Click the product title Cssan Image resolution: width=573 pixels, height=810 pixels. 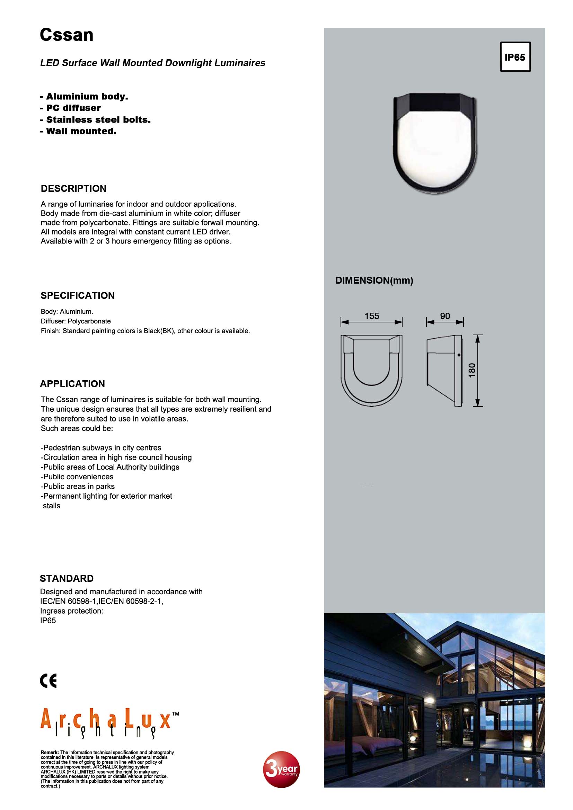pos(66,35)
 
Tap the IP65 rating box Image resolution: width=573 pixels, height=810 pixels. pos(515,57)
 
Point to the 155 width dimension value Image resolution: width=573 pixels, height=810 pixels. pos(371,316)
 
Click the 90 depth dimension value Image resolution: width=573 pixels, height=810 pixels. pos(444,316)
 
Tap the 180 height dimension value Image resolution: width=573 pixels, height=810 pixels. pos(472,370)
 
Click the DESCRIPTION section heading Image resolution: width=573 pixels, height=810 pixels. pos(73,188)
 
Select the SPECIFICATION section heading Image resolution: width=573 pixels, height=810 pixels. pos(78,295)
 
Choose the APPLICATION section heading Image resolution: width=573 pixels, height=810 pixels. pos(72,383)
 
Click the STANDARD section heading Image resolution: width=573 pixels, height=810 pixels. pos(67,578)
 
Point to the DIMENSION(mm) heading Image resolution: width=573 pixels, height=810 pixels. pos(374,280)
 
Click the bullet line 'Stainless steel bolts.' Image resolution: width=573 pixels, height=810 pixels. pos(96,119)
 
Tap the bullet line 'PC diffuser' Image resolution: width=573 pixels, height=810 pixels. pos(71,108)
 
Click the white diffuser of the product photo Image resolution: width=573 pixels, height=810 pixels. pos(434,148)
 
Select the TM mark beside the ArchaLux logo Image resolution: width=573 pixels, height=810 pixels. pos(175,714)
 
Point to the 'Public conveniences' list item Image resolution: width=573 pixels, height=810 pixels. pos(77,477)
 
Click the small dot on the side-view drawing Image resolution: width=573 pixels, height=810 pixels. pos(459,355)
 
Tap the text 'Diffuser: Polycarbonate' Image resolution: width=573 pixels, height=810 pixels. pos(76,321)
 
